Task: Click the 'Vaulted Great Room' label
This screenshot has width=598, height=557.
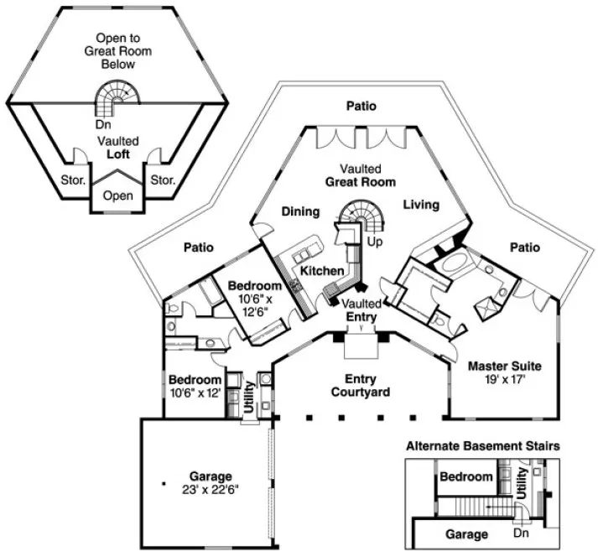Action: pos(361,174)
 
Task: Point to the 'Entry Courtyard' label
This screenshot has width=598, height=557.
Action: pos(361,386)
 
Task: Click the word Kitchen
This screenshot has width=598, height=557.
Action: pos(322,271)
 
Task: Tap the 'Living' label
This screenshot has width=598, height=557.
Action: pos(417,205)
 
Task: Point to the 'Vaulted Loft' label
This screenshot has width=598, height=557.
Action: pos(118,148)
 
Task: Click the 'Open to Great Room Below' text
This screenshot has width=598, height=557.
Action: pos(118,50)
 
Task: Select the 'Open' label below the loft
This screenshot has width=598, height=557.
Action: pos(118,196)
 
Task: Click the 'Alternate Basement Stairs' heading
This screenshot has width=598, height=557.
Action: pos(483,446)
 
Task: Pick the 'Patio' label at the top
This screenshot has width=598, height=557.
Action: pos(360,107)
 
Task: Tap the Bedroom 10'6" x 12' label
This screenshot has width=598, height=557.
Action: pos(194,386)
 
